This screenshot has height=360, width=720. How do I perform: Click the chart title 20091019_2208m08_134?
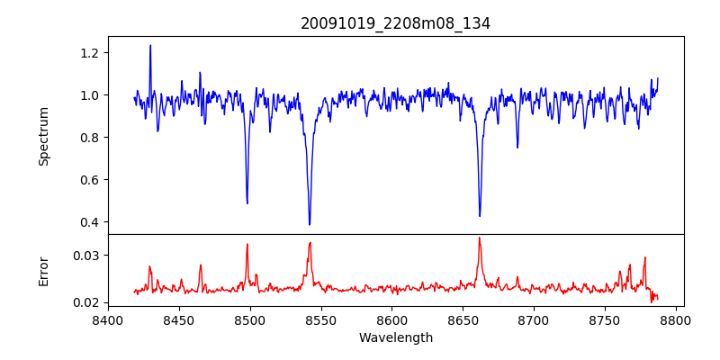pyautogui.click(x=395, y=23)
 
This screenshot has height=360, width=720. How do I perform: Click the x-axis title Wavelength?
pyautogui.click(x=395, y=338)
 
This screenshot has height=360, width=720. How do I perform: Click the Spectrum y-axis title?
pyautogui.click(x=43, y=136)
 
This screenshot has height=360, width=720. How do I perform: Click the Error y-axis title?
pyautogui.click(x=43, y=271)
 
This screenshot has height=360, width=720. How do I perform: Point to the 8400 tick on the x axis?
pyautogui.click(x=108, y=319)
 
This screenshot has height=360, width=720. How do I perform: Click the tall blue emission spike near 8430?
pyautogui.click(x=150, y=46)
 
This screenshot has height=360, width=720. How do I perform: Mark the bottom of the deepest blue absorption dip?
pyautogui.click(x=310, y=224)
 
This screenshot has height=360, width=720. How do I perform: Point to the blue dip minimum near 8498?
pyautogui.click(x=247, y=202)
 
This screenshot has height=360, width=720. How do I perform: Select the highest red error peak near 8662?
pyautogui.click(x=479, y=238)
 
